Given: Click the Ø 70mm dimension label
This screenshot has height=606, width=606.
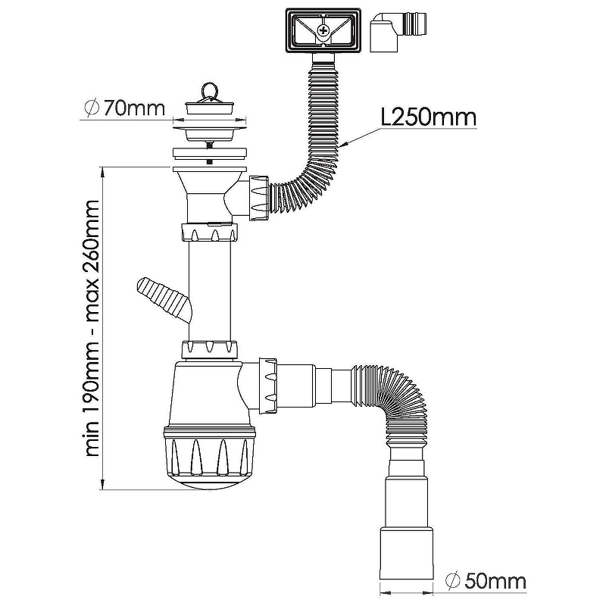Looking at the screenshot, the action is tap(124, 108).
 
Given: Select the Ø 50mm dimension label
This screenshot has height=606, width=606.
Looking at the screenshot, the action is tap(486, 581).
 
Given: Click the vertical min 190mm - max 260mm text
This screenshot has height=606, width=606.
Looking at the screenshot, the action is tap(92, 329).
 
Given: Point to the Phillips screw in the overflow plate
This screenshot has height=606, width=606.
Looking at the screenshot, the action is tap(321, 30).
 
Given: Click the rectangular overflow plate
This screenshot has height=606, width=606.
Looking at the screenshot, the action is tap(324, 31).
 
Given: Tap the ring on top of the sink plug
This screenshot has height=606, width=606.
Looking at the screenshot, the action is tap(209, 91).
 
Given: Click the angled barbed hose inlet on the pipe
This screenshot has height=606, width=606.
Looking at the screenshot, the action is tap(164, 298).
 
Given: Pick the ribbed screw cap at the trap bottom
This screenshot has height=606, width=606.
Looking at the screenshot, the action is tap(209, 458).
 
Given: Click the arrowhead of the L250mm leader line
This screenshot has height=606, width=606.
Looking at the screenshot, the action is tap(345, 145).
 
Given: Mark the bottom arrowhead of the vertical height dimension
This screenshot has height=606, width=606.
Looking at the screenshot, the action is tap(103, 484).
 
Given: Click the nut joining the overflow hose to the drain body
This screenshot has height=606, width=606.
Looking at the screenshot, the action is tap(259, 198).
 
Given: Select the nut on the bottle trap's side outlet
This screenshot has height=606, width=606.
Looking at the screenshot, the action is tap(267, 386).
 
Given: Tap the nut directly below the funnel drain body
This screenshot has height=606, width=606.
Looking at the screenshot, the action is tap(209, 232).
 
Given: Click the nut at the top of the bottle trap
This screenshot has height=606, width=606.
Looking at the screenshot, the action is tap(209, 349).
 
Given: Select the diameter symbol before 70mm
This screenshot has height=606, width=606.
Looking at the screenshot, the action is tap(92, 108).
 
